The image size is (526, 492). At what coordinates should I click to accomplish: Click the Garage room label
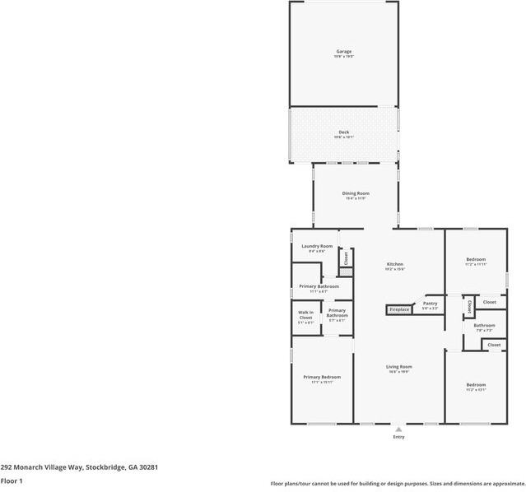(x=343, y=52)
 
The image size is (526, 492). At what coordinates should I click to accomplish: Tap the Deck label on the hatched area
(x=343, y=132)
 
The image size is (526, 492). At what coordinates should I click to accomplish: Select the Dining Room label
(x=356, y=193)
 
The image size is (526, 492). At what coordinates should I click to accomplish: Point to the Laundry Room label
(x=317, y=246)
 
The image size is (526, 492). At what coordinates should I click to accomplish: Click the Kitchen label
(x=394, y=264)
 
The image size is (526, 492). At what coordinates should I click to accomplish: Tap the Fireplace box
(x=399, y=310)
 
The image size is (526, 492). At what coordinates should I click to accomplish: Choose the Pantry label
(x=430, y=304)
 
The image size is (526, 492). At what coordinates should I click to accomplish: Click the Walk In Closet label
(x=305, y=317)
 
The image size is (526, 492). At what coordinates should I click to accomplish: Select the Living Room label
(x=399, y=367)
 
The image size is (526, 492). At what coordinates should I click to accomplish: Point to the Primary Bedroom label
(x=321, y=377)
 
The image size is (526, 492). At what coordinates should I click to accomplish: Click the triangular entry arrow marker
(x=398, y=429)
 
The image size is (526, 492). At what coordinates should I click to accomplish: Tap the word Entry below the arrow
(x=398, y=437)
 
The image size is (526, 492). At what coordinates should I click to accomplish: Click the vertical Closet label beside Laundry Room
(x=347, y=257)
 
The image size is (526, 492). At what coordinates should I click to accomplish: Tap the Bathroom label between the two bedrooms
(x=483, y=325)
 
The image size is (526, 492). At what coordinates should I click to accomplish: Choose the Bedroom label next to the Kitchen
(x=476, y=259)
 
